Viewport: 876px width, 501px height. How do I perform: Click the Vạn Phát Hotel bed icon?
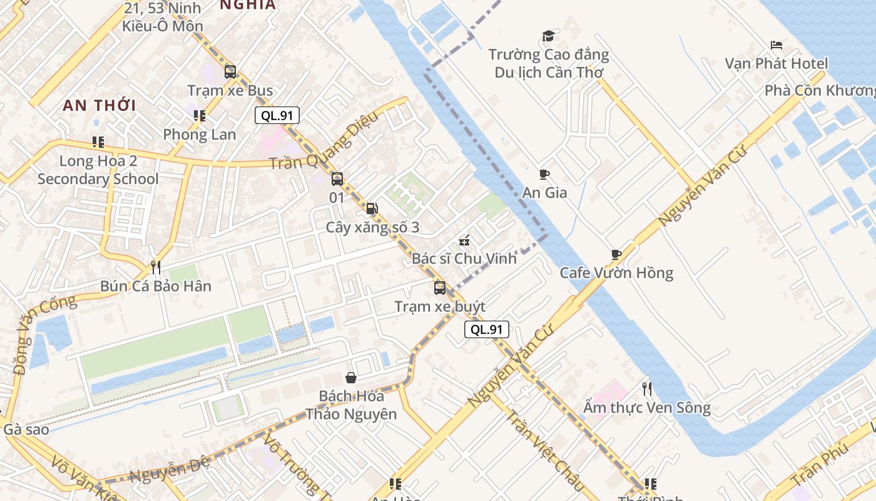click(x=777, y=45)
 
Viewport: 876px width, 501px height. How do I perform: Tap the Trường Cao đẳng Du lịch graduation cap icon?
click(x=548, y=36)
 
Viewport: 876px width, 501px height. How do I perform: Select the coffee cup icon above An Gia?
click(x=544, y=174)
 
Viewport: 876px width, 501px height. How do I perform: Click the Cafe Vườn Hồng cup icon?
click(x=616, y=254)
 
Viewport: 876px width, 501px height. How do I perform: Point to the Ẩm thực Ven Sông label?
click(x=647, y=408)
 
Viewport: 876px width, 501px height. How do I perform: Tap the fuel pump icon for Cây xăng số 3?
click(x=372, y=209)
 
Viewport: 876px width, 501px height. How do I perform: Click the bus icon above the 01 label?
click(x=337, y=179)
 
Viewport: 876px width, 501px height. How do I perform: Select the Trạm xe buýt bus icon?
click(x=440, y=288)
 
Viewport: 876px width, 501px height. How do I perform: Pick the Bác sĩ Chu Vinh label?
click(x=464, y=258)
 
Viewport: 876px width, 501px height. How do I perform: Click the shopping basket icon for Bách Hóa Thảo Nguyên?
click(x=351, y=378)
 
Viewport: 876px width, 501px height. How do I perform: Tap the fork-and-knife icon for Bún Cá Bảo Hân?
click(x=156, y=267)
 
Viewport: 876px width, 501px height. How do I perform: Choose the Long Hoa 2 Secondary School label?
click(x=98, y=170)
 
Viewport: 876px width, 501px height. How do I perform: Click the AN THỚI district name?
click(x=99, y=105)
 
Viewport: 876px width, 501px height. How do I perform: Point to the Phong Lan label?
click(x=200, y=134)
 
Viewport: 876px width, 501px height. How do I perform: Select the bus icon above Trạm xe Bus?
click(x=230, y=71)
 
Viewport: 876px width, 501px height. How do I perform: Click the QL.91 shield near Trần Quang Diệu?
click(x=277, y=115)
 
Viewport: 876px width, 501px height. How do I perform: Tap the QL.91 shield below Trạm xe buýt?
click(x=487, y=329)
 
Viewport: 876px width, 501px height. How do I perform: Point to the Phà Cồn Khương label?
click(x=820, y=90)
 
